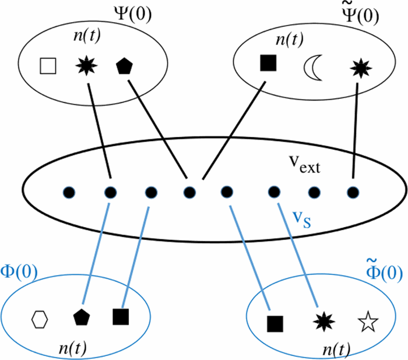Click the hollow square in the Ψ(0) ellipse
tap(47, 66)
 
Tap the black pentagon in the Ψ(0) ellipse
tap(123, 66)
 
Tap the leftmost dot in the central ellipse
tap(68, 190)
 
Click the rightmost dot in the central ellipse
tap(352, 190)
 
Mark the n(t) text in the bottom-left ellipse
tap(73, 351)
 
